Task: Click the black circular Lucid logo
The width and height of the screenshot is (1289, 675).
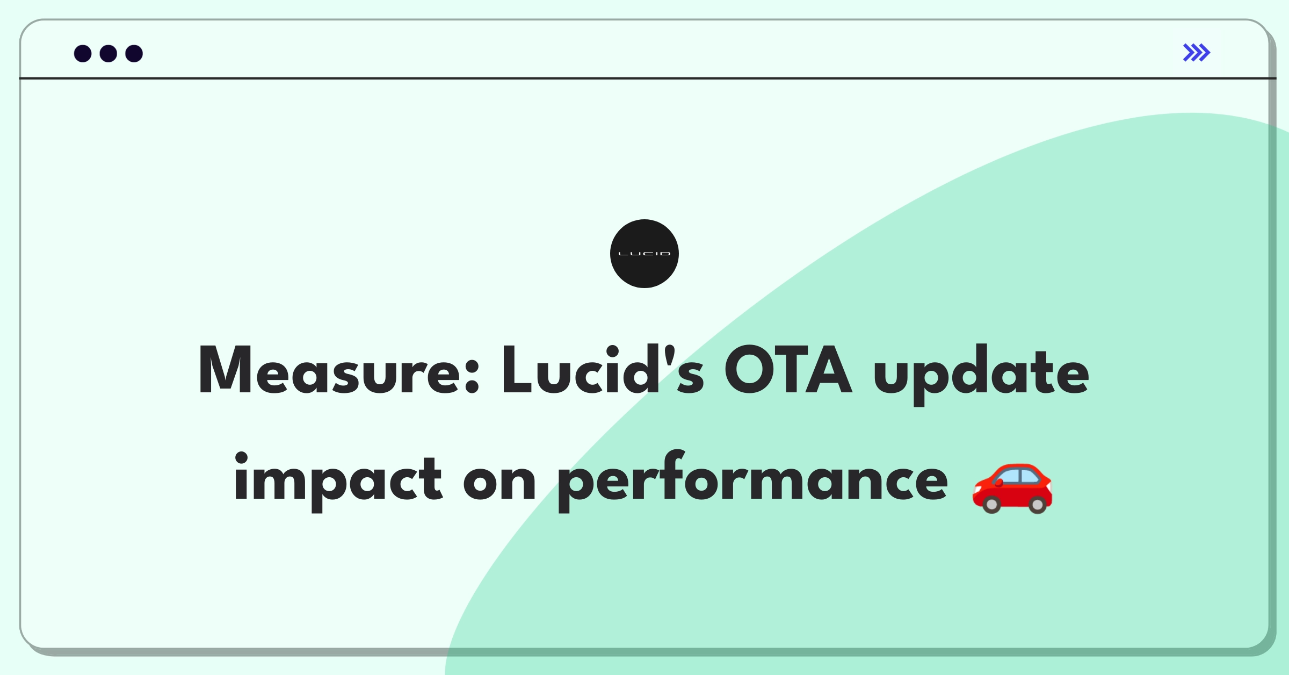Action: pos(644,254)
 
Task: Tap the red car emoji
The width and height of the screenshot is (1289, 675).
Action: pos(1012,488)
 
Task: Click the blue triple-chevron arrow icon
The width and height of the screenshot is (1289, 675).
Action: pos(1197,53)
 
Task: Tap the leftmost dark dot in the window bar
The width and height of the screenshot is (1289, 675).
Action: pos(83,54)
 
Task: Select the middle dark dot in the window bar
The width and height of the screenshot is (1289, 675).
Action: pos(108,54)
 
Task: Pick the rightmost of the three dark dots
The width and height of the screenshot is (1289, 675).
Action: pos(134,54)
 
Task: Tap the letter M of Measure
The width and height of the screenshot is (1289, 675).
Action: pos(225,370)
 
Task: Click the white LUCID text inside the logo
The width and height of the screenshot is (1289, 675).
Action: pos(644,254)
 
